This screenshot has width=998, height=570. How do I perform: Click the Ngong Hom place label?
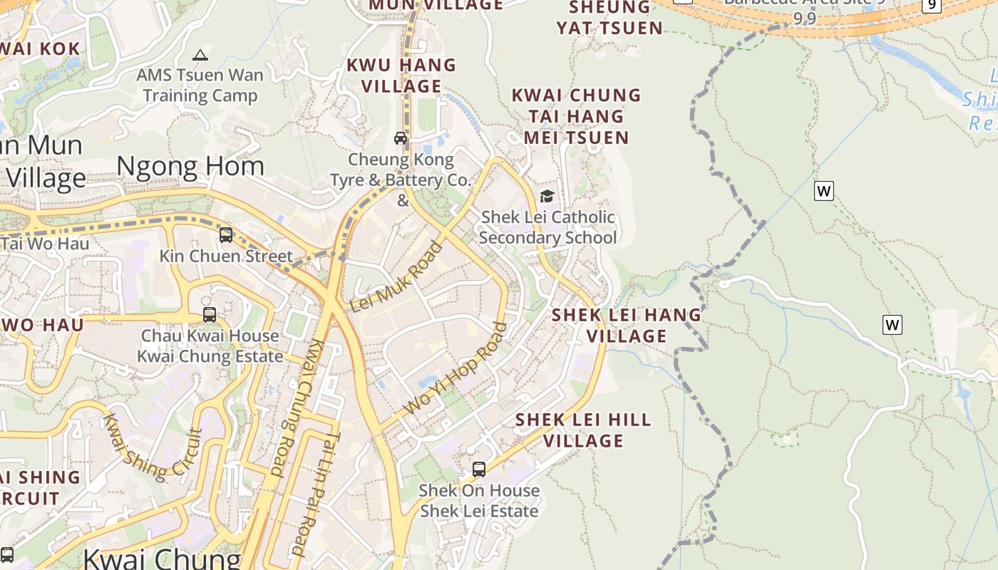pyautogui.click(x=190, y=166)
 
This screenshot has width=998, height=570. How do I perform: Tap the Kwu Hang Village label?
pyautogui.click(x=401, y=76)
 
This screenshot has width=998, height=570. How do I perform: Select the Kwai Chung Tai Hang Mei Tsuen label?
pyautogui.click(x=576, y=116)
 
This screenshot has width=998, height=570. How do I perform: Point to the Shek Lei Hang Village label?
pyautogui.click(x=627, y=325)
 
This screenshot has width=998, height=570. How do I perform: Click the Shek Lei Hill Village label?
pyautogui.click(x=583, y=430)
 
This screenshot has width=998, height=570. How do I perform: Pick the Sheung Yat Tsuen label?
pyautogui.click(x=609, y=18)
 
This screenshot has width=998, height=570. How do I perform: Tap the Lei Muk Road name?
pyautogui.click(x=396, y=277)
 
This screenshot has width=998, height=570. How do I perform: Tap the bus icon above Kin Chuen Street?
pyautogui.click(x=226, y=234)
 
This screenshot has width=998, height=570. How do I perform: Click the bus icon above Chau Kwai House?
pyautogui.click(x=210, y=314)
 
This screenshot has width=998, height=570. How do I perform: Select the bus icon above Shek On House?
pyautogui.click(x=479, y=470)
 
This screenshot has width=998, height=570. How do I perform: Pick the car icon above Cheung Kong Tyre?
pyautogui.click(x=401, y=138)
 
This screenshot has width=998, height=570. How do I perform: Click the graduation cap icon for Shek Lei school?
pyautogui.click(x=547, y=196)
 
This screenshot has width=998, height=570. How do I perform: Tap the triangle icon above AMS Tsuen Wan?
pyautogui.click(x=200, y=55)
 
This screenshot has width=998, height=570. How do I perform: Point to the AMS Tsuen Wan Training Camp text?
pyautogui.click(x=200, y=85)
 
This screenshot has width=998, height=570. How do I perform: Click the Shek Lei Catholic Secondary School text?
pyautogui.click(x=547, y=227)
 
